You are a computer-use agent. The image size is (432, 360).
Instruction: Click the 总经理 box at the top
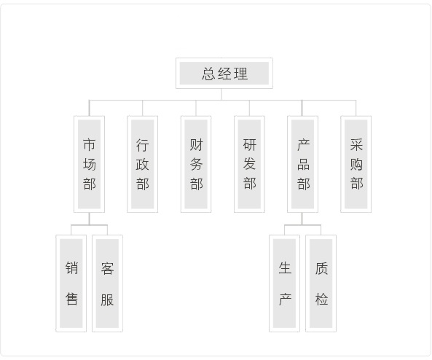point(224,74)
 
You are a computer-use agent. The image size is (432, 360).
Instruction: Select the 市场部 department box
point(89,164)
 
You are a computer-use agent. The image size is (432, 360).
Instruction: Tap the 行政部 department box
point(143,164)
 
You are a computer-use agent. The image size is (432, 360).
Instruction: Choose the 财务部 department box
point(196,164)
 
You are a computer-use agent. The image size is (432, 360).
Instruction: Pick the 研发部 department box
point(249,164)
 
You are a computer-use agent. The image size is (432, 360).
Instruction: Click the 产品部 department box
point(302,164)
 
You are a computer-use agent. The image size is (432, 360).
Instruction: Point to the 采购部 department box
point(356,164)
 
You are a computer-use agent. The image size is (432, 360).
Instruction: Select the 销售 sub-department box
point(71,283)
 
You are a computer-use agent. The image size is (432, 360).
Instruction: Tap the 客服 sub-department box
point(107,283)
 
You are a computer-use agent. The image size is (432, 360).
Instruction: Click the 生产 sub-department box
point(284,283)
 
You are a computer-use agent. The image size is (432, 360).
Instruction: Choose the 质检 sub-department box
point(321,283)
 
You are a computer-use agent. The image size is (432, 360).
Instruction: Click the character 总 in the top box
point(208,74)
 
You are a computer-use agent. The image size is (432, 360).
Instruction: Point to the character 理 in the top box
point(241,74)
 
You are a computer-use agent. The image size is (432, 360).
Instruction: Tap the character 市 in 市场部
point(90,145)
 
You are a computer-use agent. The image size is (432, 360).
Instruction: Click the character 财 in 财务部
point(196,145)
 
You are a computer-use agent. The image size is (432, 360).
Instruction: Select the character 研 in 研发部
point(250,145)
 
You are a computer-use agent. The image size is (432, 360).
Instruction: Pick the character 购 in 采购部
point(356,164)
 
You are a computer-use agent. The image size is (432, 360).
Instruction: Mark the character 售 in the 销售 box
point(71,300)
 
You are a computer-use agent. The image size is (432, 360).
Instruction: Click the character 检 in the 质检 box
point(321,300)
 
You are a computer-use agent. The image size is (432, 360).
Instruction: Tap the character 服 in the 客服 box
point(107,300)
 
